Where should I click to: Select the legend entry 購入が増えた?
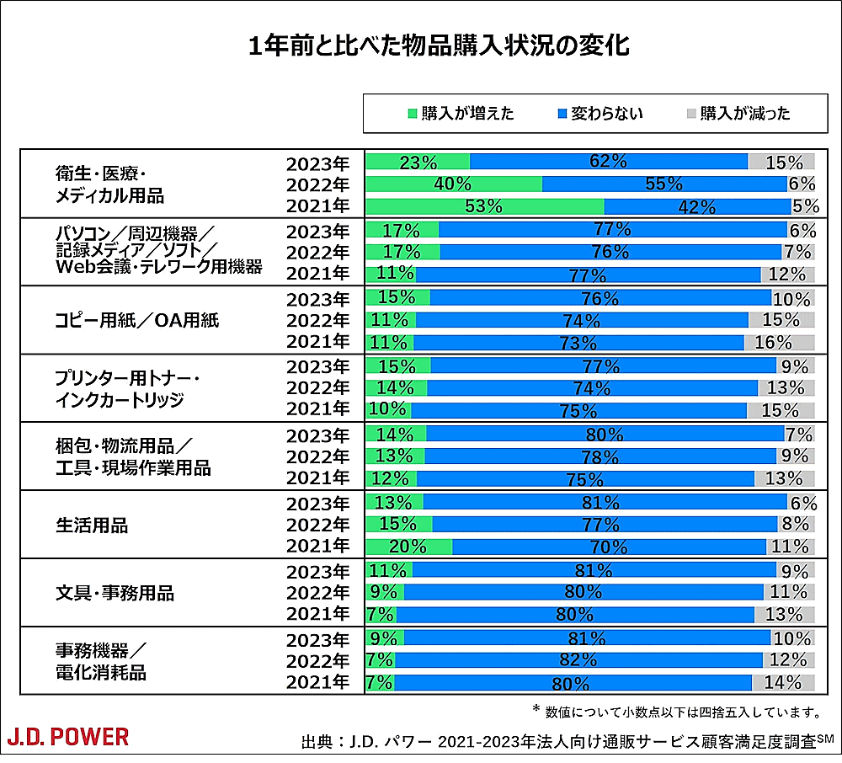(460, 114)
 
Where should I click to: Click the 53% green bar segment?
(484, 206)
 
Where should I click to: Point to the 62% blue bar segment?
(608, 162)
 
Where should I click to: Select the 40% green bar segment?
(454, 184)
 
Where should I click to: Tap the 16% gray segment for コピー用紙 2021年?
(779, 342)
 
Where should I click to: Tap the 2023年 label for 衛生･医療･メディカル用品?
(317, 163)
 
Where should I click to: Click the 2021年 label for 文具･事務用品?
(317, 614)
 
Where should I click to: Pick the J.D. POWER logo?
(68, 737)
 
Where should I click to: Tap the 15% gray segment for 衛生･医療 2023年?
(781, 162)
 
